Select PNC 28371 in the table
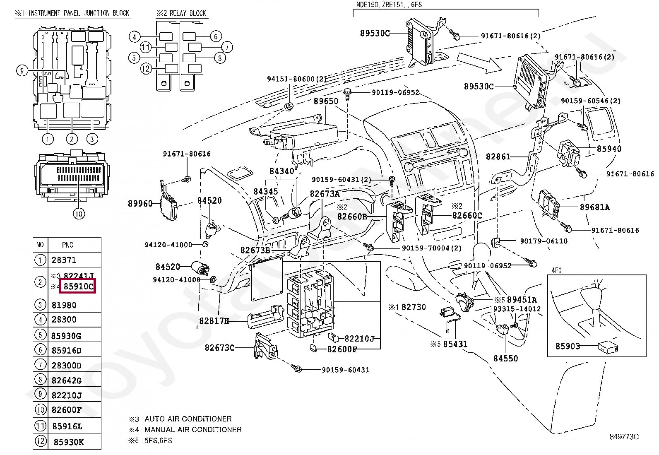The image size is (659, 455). click(x=64, y=260)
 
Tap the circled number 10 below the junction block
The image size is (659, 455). click(x=79, y=214)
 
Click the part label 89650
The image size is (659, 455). click(x=325, y=101)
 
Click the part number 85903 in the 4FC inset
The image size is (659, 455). click(x=568, y=346)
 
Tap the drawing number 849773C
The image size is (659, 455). click(x=624, y=437)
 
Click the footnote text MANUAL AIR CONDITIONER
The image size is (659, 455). click(x=193, y=430)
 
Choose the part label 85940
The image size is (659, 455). click(x=609, y=149)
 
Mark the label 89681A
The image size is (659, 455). click(x=595, y=207)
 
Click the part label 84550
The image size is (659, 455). click(x=505, y=359)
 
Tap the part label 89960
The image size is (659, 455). click(x=140, y=203)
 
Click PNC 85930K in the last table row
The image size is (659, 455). click(x=69, y=442)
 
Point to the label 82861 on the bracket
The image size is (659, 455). click(x=498, y=157)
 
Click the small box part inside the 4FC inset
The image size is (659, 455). click(x=608, y=347)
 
